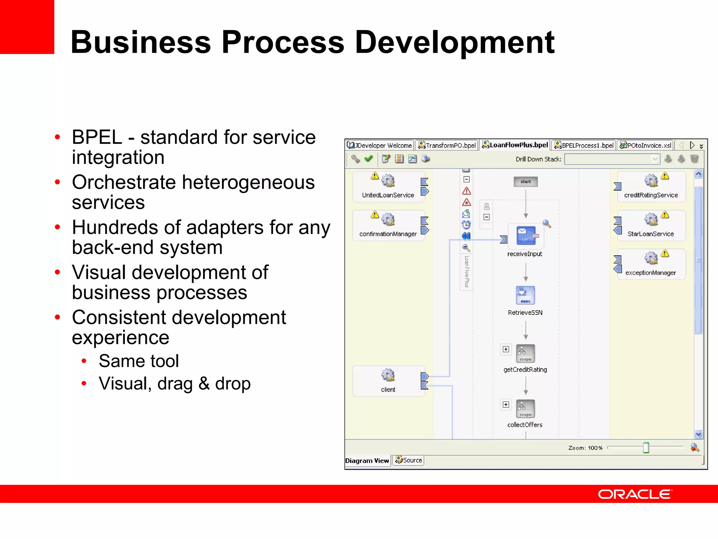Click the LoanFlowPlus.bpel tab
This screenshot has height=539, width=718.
pyautogui.click(x=515, y=145)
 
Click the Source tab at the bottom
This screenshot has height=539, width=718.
pyautogui.click(x=408, y=460)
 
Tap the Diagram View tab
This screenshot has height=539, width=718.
pyautogui.click(x=367, y=461)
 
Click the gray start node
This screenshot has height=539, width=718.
pyautogui.click(x=526, y=181)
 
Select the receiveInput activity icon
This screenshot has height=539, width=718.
pyautogui.click(x=526, y=235)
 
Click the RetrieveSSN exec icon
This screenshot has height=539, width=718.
pyautogui.click(x=525, y=295)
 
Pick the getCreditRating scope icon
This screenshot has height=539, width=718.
pyautogui.click(x=525, y=353)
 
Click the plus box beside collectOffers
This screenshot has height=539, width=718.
pyautogui.click(x=506, y=405)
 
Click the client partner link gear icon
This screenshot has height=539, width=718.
pyautogui.click(x=388, y=375)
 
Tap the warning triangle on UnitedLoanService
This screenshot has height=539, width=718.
pyautogui.click(x=374, y=176)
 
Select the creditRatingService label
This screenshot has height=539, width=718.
pyautogui.click(x=651, y=195)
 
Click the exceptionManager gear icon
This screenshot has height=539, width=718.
pyautogui.click(x=651, y=259)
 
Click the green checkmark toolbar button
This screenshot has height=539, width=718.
pyautogui.click(x=368, y=159)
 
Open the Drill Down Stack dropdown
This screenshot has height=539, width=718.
pyautogui.click(x=654, y=159)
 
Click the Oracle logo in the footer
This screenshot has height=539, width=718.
pyautogui.click(x=635, y=494)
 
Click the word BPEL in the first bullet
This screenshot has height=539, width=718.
pyautogui.click(x=97, y=137)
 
